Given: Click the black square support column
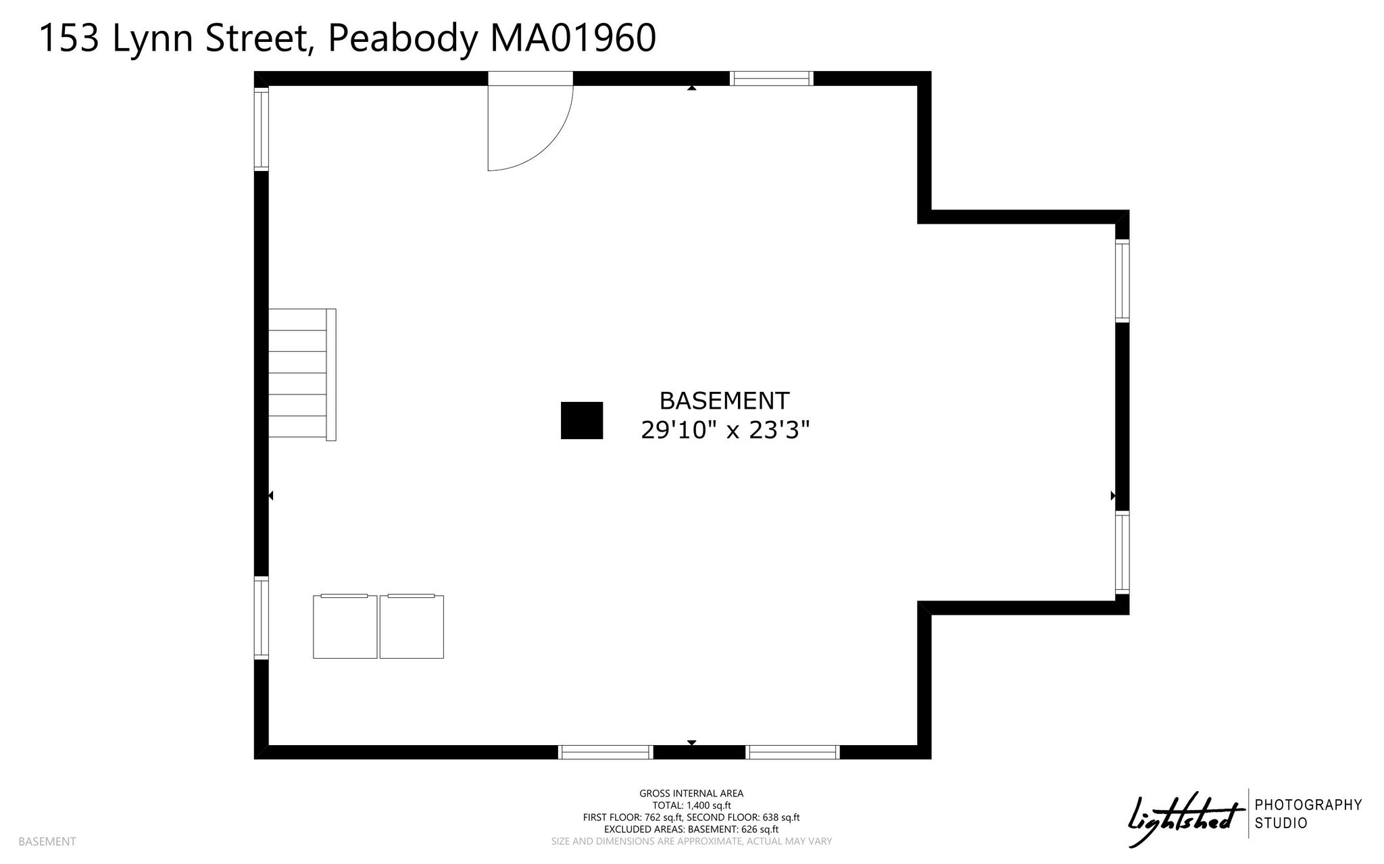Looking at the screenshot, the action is coord(582,420).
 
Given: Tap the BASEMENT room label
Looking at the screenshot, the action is coord(724,401).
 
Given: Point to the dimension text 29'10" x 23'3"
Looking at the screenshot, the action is coord(725,430).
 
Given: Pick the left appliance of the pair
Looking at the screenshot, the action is coord(345,626).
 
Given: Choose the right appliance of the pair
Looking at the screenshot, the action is coord(412,626).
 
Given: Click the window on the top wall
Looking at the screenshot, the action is coord(772,78).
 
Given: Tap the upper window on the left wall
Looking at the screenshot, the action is coord(261,129).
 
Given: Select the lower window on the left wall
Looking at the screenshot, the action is coord(261,617).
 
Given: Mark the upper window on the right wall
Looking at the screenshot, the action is coord(1122,280).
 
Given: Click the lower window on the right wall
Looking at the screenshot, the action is coord(1122,553).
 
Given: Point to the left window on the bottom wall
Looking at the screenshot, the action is coord(605,752).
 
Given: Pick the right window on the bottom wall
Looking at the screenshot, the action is coord(793,752).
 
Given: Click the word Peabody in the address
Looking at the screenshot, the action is coord(402,39).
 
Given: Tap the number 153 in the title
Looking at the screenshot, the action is coord(69,38).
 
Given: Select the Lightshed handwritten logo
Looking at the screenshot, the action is coord(1186,819).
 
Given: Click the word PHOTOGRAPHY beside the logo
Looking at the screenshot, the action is coord(1308,805).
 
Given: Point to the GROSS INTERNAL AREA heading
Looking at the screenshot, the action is coord(691,794).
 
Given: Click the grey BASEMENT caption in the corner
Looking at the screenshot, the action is coord(47,842).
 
